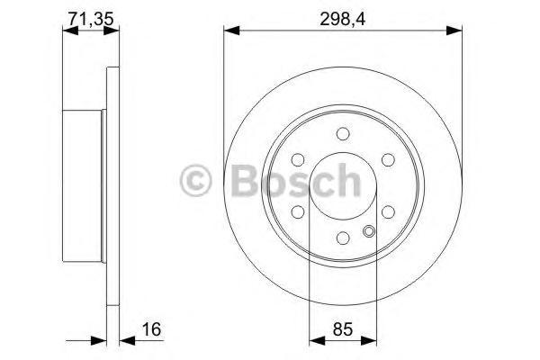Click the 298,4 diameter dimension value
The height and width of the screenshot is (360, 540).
pos(339,16)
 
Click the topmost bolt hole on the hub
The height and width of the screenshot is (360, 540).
pos(342,135)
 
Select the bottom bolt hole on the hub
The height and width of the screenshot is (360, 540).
pos(342,238)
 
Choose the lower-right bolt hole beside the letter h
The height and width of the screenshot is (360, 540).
pos(386,212)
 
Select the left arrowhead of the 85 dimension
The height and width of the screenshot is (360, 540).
pos(314,340)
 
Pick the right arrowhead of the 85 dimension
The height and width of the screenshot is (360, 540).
pos(368,340)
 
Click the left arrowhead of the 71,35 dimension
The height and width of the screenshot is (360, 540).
pos(67,32)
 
